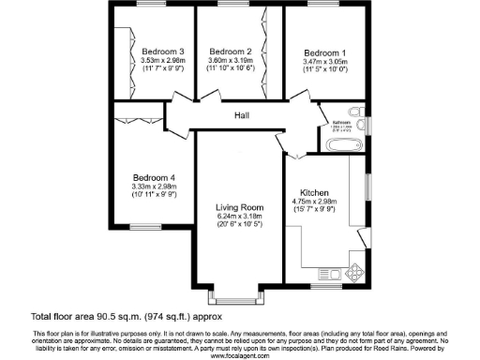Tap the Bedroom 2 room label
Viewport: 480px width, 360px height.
tap(232, 51)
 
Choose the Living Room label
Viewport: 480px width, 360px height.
tap(239, 206)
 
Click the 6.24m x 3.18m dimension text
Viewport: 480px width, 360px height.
tap(239, 216)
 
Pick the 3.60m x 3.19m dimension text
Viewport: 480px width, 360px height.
tap(232, 61)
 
